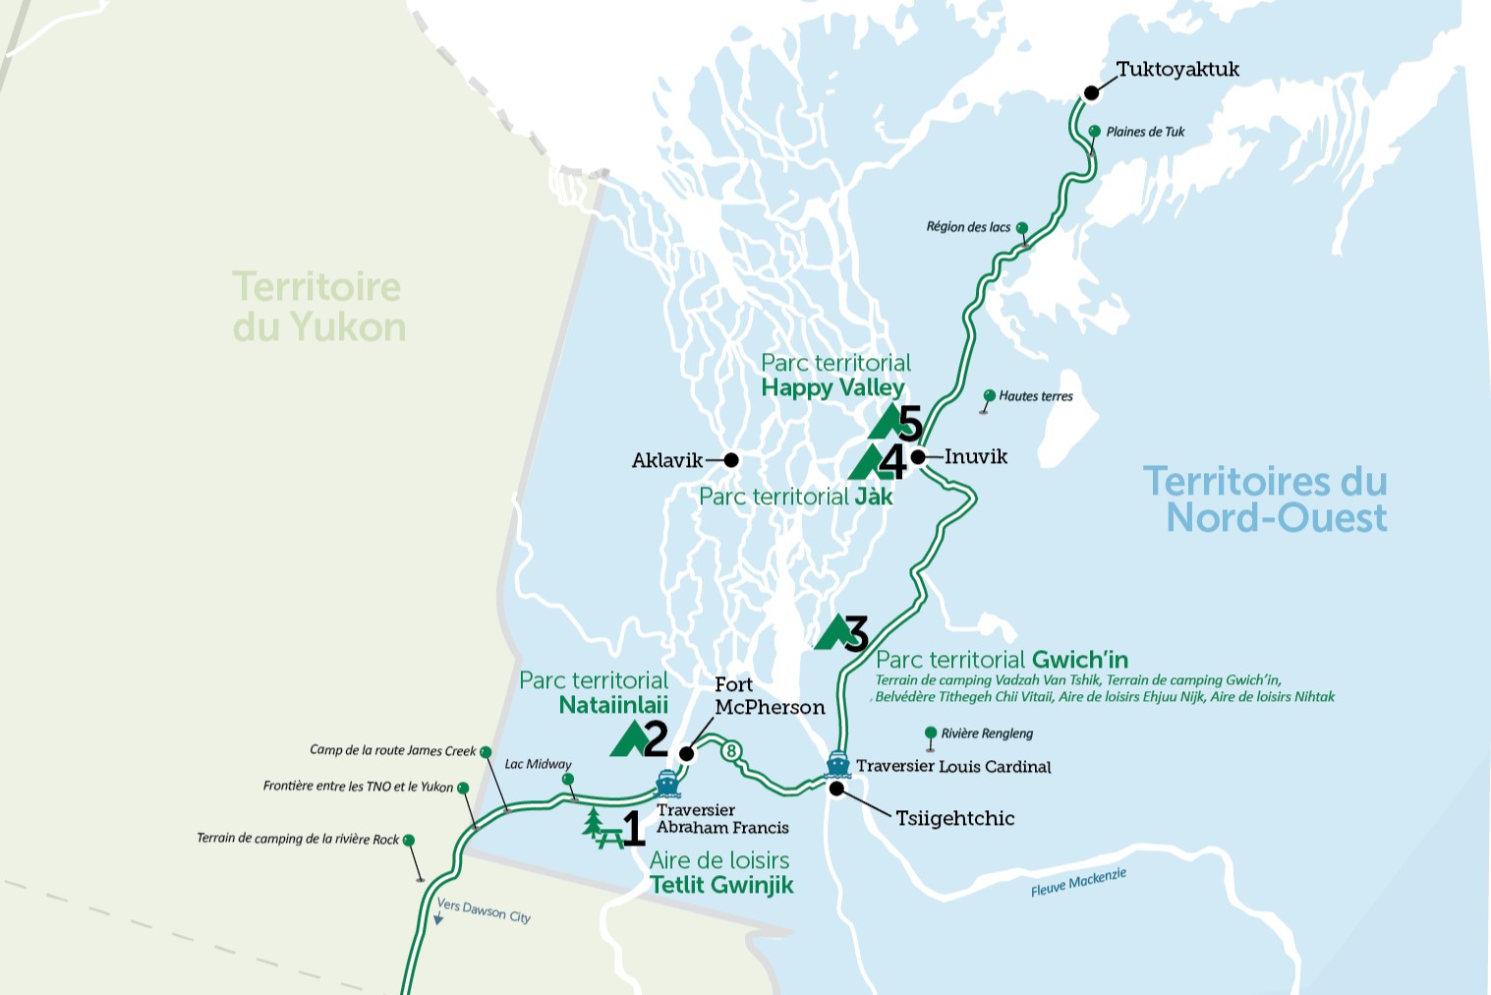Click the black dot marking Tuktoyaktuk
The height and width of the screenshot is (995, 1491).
pyautogui.click(x=1091, y=93)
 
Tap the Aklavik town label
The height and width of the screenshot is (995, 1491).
pyautogui.click(x=666, y=460)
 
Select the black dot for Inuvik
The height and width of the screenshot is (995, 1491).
pyautogui.click(x=917, y=456)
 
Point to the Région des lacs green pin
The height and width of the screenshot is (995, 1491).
pyautogui.click(x=1022, y=228)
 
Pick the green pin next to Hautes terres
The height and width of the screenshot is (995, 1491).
pyautogui.click(x=990, y=396)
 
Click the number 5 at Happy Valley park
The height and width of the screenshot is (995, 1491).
pyautogui.click(x=910, y=424)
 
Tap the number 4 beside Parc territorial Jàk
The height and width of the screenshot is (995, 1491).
pyautogui.click(x=891, y=461)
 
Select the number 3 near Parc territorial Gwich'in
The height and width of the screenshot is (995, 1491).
pyautogui.click(x=856, y=634)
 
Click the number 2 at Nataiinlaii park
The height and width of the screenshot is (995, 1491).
pyautogui.click(x=655, y=738)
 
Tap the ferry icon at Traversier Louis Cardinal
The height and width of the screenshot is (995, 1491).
pyautogui.click(x=837, y=763)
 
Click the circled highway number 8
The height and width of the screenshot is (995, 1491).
pyautogui.click(x=730, y=751)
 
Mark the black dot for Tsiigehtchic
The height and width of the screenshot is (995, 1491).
pyautogui.click(x=836, y=789)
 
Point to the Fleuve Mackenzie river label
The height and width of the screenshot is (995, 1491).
pyautogui.click(x=1078, y=882)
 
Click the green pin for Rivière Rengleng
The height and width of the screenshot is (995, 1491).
pyautogui.click(x=931, y=733)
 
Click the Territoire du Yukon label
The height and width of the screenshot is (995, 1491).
pyautogui.click(x=317, y=307)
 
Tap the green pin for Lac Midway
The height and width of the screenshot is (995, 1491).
pyautogui.click(x=567, y=780)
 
